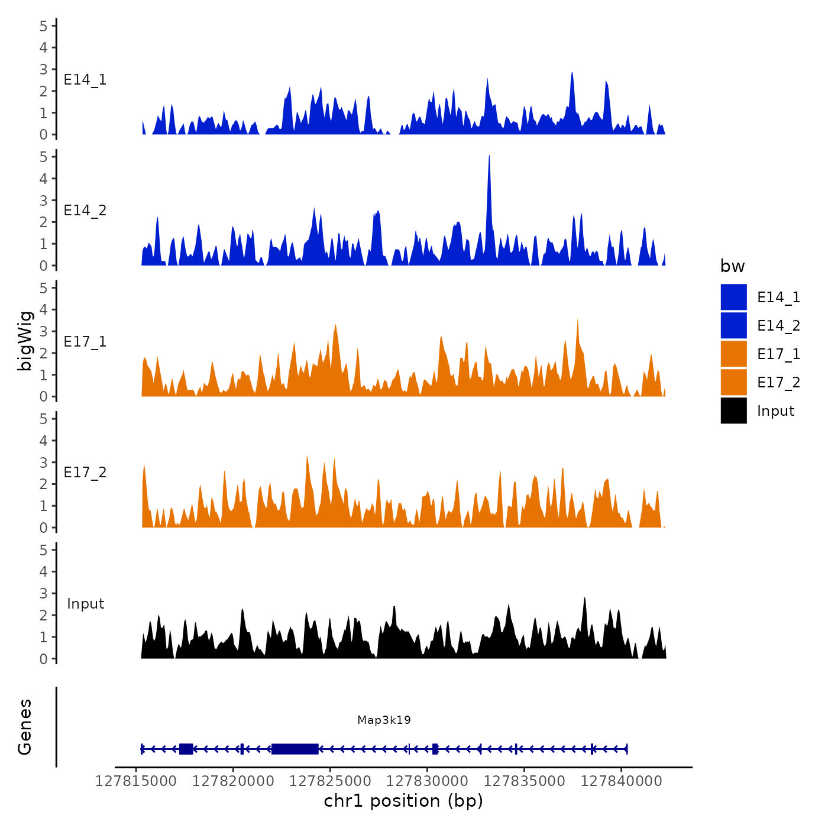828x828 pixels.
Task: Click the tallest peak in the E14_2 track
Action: [x=489, y=157]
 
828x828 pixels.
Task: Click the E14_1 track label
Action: [x=85, y=80]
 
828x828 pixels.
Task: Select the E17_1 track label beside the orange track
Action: [x=85, y=342]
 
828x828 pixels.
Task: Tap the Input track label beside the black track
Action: [x=85, y=604]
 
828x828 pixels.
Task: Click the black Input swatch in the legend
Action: [x=733, y=410]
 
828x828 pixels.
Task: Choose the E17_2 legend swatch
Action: [x=733, y=382]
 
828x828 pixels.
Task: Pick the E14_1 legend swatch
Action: [x=733, y=297]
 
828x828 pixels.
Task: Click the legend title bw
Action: [x=732, y=266]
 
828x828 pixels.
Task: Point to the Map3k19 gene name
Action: [x=384, y=720]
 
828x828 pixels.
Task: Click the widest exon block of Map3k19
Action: [x=295, y=749]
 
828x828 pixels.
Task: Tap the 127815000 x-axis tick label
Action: [x=136, y=781]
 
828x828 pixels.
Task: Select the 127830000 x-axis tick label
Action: [x=427, y=781]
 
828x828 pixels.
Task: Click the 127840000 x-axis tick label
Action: [x=621, y=781]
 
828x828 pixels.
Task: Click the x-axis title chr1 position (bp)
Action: [x=403, y=801]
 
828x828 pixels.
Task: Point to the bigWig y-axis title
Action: [x=25, y=341]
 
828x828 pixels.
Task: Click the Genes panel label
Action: [x=25, y=727]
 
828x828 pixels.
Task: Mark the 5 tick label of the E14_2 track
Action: [x=44, y=157]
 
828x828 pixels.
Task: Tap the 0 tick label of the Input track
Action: [x=44, y=659]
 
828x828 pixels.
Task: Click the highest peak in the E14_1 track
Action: [x=572, y=75]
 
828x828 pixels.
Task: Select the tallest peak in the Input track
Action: [x=584, y=599]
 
